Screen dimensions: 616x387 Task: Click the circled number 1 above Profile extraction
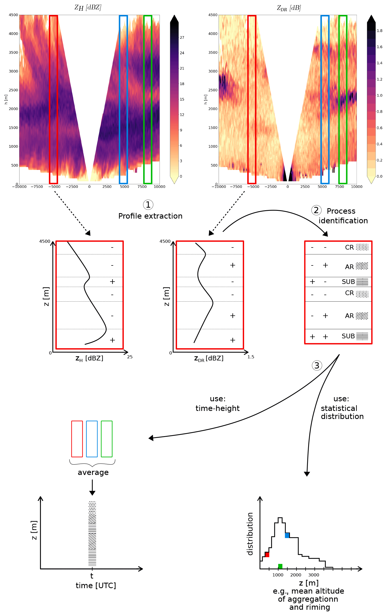tap(148, 205)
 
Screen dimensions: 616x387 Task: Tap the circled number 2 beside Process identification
tap(316, 210)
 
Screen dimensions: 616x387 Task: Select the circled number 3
tap(317, 366)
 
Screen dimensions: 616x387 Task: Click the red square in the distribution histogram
tap(267, 555)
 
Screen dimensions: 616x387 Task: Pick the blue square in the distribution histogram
tap(287, 535)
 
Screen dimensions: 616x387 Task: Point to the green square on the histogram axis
tap(280, 566)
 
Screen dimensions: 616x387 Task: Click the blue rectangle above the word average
tap(92, 439)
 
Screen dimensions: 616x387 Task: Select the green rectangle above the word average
tap(107, 439)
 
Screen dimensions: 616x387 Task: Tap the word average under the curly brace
tap(93, 472)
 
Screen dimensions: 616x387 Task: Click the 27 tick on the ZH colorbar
tap(182, 37)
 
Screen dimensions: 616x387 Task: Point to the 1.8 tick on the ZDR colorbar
tap(379, 31)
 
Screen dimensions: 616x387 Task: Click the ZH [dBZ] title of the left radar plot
tap(88, 8)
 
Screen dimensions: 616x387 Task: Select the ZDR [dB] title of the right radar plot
tap(289, 8)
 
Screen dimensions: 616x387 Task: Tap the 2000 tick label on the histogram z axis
tap(296, 575)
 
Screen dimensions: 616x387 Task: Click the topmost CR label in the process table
tap(349, 247)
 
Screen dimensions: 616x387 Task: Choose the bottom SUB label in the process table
tap(348, 336)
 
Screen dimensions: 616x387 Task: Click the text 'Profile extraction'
tap(150, 216)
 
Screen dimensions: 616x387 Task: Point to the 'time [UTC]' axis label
tap(96, 586)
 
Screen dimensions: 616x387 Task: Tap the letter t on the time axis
tap(92, 576)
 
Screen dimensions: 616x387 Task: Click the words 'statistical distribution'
tap(342, 412)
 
